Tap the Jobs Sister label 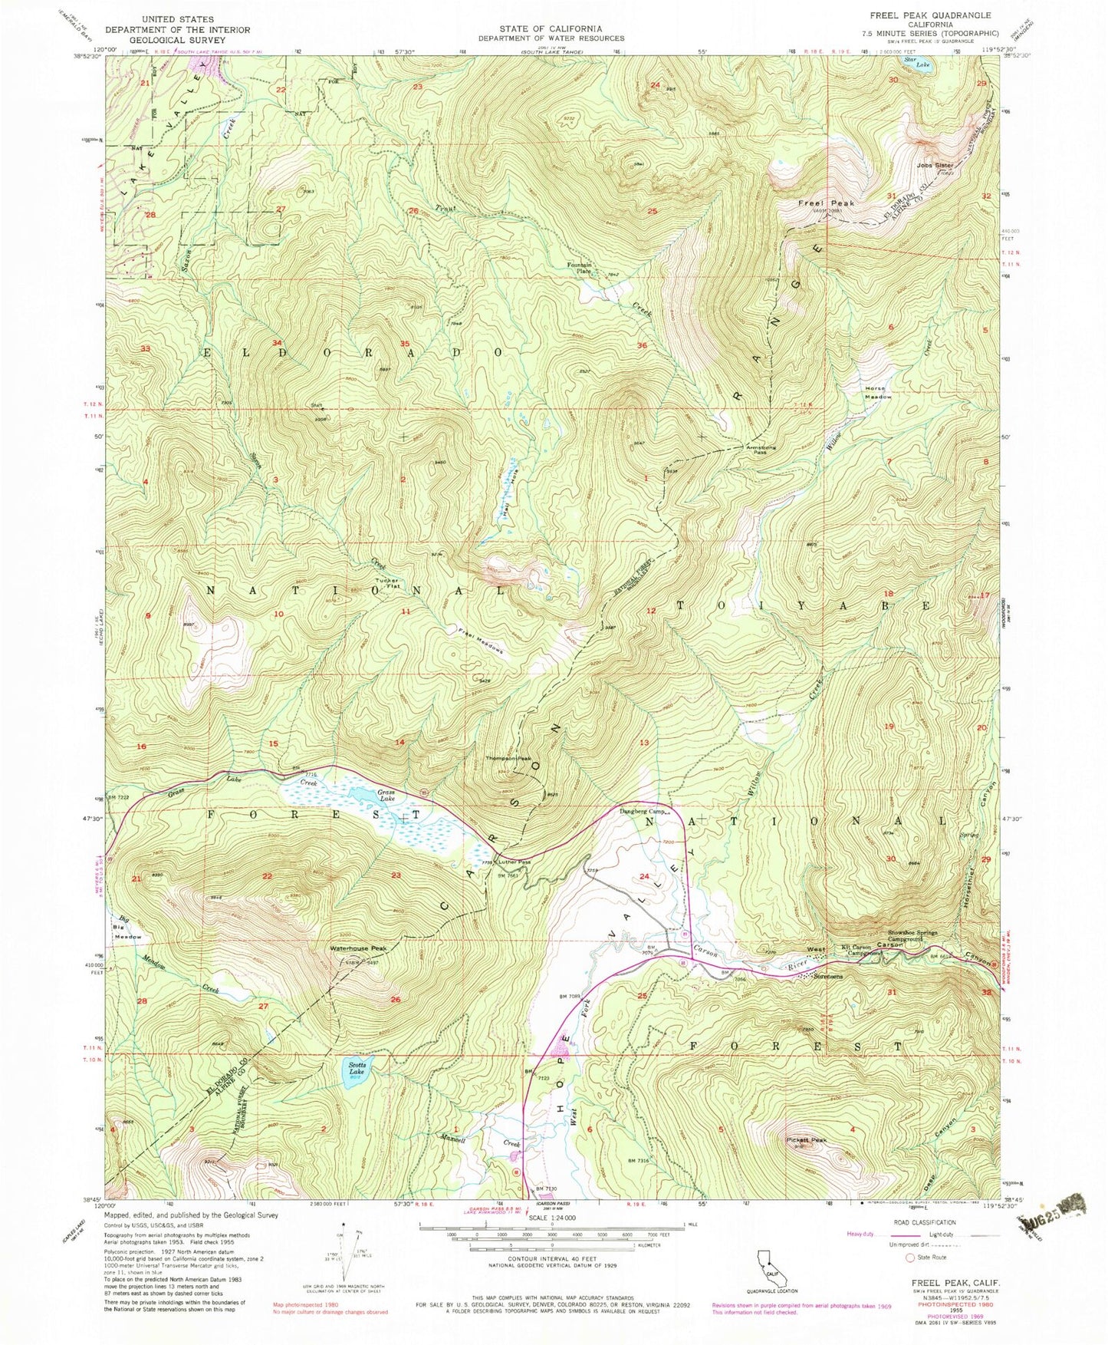coord(933,165)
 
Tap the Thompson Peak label coord(508,759)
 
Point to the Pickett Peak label coord(807,1140)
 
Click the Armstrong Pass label coord(759,450)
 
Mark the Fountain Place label coord(580,267)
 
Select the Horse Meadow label coord(879,393)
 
